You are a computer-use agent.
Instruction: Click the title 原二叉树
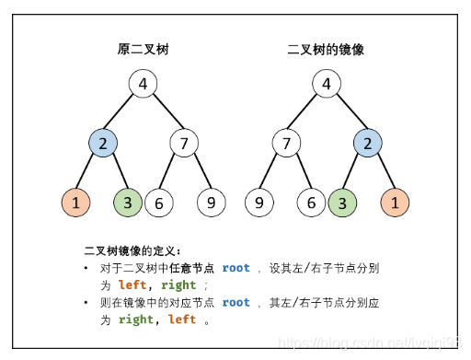(x=144, y=50)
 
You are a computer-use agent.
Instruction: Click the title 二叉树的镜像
(x=326, y=50)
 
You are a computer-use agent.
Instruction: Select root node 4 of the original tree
(x=143, y=85)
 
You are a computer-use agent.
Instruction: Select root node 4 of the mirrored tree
(x=326, y=85)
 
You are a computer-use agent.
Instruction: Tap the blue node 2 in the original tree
(x=104, y=143)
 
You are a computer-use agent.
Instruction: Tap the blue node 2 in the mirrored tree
(x=368, y=143)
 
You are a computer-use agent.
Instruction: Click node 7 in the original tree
(x=184, y=143)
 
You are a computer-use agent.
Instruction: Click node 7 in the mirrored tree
(x=286, y=143)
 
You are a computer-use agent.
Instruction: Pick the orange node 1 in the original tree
(x=76, y=202)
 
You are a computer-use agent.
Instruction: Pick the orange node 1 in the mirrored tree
(x=394, y=202)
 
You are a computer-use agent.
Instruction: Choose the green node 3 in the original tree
(x=128, y=202)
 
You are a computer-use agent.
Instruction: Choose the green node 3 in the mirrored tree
(x=342, y=202)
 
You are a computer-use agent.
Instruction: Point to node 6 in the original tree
(x=159, y=202)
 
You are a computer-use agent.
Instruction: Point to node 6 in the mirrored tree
(x=312, y=202)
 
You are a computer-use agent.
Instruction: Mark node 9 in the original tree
(x=211, y=202)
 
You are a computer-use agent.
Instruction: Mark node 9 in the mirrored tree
(x=260, y=202)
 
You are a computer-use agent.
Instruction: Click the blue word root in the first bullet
(x=235, y=268)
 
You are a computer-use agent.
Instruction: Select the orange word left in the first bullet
(x=132, y=285)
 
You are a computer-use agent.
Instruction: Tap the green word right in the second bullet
(x=135, y=319)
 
